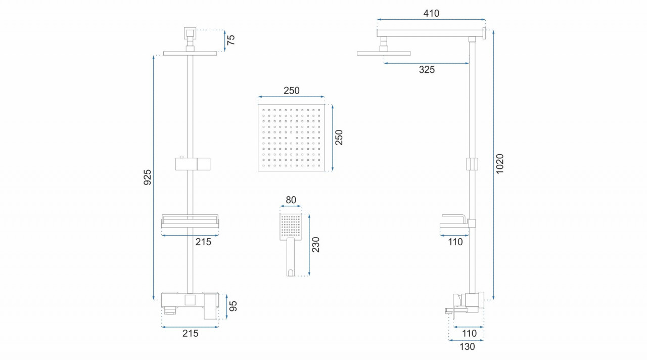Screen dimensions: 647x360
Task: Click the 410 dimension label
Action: (x=431, y=13)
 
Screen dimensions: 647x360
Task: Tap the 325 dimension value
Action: (x=427, y=70)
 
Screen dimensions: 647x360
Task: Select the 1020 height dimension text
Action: (x=500, y=164)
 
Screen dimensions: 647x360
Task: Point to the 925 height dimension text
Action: (x=148, y=177)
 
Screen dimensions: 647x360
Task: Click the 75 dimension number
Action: (x=231, y=40)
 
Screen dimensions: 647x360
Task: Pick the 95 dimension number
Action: (x=233, y=306)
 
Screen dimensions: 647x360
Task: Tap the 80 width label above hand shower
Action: (x=291, y=200)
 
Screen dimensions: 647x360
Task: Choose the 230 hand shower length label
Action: (x=316, y=245)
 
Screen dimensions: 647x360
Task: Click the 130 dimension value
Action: (x=467, y=346)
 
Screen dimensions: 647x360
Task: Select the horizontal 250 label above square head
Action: (x=292, y=91)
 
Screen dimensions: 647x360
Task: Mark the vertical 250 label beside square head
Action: (x=339, y=138)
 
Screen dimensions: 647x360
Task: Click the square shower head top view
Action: (x=291, y=138)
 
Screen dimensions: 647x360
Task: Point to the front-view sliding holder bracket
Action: (x=193, y=164)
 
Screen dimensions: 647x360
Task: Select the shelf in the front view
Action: (x=190, y=221)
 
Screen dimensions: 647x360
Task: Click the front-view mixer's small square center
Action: (x=190, y=300)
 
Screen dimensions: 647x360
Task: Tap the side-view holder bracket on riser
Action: (x=472, y=164)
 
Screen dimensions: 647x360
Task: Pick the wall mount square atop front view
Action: (x=190, y=33)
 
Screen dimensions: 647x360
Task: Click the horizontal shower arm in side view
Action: (x=430, y=33)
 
